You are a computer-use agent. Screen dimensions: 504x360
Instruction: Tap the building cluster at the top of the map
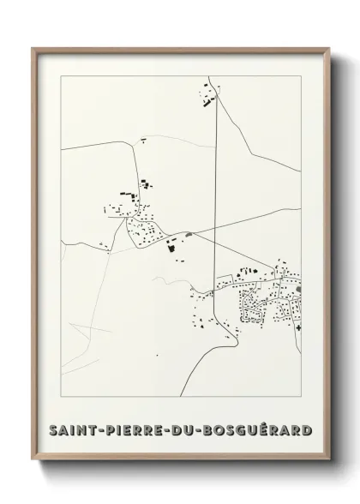coord(207,93)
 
